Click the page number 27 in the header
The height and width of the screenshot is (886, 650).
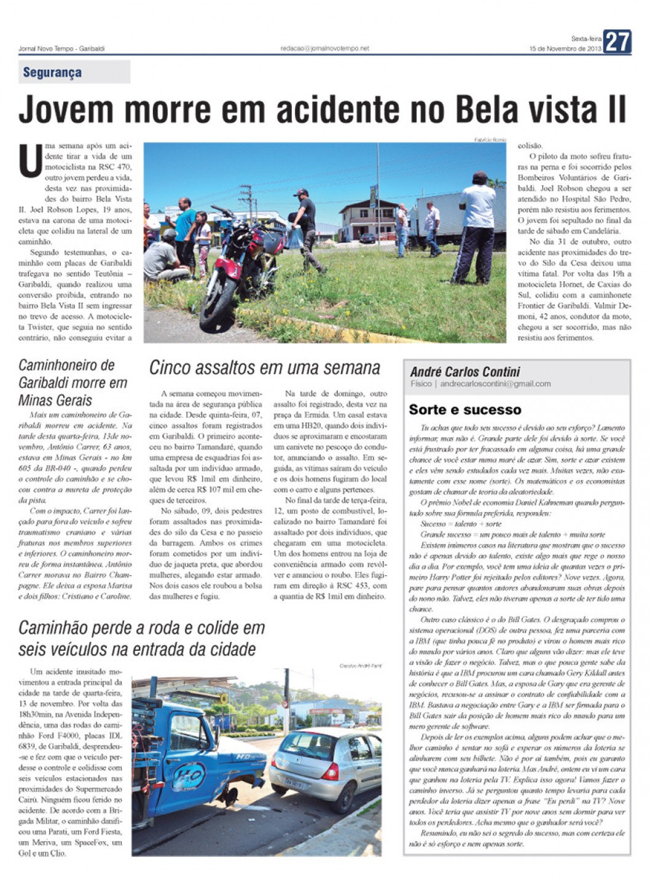[x=617, y=41]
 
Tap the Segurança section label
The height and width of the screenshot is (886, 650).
[x=52, y=72]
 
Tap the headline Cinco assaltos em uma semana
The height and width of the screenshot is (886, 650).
[x=265, y=368]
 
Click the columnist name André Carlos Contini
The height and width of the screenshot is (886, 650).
[x=464, y=371]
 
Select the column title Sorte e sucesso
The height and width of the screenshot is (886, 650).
[x=464, y=410]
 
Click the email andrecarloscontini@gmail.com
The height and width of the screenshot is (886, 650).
[x=495, y=384]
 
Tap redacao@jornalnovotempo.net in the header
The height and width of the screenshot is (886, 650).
[x=325, y=49]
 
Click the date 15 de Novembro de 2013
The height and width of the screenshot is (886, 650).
[x=565, y=49]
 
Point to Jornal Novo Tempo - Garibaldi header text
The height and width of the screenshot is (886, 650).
[x=61, y=49]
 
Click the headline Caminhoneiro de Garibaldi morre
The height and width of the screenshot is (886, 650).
[x=72, y=383]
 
